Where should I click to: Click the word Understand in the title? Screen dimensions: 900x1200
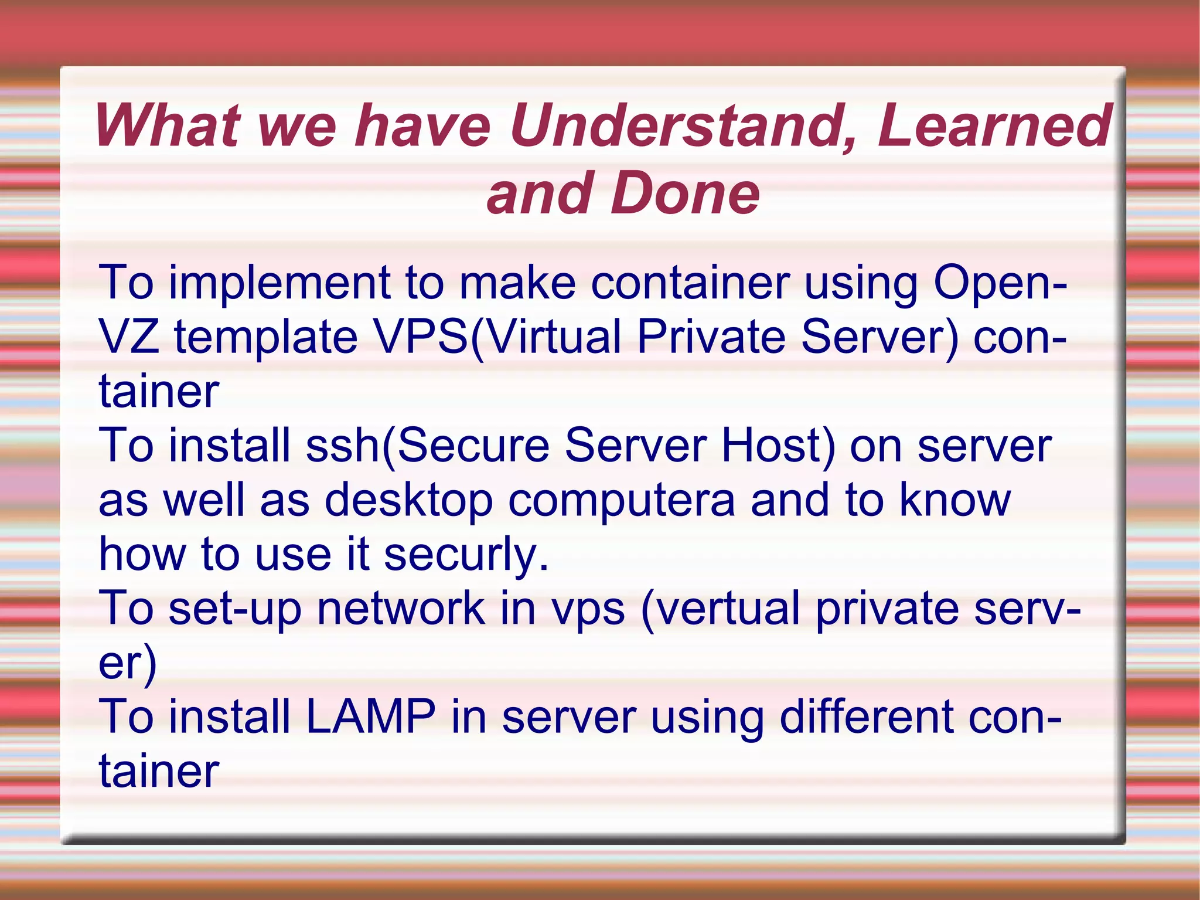pos(680,125)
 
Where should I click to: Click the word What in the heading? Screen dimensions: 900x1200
pos(166,125)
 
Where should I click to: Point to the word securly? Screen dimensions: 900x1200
pos(466,555)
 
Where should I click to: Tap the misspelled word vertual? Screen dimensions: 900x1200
pos(721,609)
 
